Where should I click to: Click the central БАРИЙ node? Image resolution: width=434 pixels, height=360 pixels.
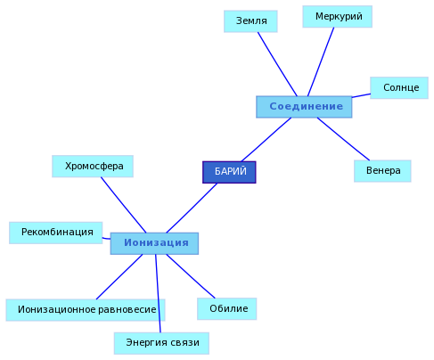coord(229,172)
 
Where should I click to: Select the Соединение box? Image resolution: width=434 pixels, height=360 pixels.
coord(304,107)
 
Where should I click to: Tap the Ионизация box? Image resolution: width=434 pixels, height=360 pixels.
coord(154,243)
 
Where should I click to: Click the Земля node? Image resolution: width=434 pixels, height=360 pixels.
coord(250,21)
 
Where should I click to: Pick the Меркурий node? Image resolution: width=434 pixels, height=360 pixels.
coord(337,16)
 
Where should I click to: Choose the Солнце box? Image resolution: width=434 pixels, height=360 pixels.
coord(399,87)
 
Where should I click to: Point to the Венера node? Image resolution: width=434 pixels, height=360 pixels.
coord(382,171)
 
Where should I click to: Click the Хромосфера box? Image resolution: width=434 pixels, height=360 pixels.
coord(93,166)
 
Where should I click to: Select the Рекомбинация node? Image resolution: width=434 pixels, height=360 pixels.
coord(56,233)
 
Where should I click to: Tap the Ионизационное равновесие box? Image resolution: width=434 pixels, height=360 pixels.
coord(86,310)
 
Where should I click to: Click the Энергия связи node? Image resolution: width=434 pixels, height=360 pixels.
coord(161,343)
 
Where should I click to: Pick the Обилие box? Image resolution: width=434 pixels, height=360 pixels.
coord(227,308)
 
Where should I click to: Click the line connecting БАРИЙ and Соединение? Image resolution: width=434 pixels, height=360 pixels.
coord(266,140)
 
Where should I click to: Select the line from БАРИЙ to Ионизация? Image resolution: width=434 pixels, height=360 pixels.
coord(192,208)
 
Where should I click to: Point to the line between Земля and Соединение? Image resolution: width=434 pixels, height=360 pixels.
coord(277,64)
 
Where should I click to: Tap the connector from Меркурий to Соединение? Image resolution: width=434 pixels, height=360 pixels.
coord(321,61)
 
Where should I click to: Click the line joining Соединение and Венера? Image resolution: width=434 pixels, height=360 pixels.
coord(343,139)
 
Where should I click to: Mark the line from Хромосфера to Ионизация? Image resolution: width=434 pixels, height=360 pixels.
coord(124,205)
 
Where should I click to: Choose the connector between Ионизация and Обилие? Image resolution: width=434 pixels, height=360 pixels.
coord(191,276)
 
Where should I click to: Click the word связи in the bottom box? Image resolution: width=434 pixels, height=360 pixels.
coord(184,343)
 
